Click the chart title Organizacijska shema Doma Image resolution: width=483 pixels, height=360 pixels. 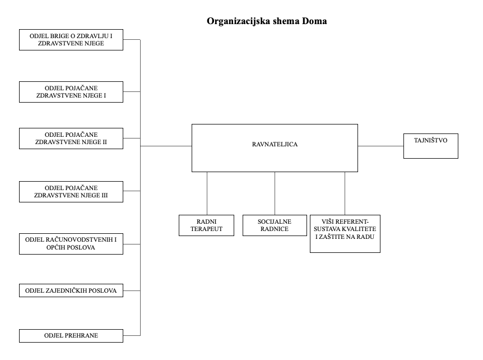pos(267,21)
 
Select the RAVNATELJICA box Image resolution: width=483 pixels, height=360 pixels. pos(275,148)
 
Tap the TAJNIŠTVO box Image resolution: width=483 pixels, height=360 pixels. pos(431,146)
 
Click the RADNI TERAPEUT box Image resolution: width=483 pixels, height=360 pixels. pos(206,225)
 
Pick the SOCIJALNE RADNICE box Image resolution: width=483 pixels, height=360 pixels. pos(275,225)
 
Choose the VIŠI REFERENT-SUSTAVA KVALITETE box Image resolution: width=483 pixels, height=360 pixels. pos(345,234)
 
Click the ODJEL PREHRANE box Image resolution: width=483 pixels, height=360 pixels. pos(71,336)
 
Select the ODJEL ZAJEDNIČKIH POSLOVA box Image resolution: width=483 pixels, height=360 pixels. pos(71,290)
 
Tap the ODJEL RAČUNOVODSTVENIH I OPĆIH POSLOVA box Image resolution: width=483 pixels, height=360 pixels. pos(71,244)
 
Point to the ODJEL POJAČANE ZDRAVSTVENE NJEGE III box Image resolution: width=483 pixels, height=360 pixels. pos(71,192)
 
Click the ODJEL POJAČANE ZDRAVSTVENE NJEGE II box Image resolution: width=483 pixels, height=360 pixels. pos(71,139)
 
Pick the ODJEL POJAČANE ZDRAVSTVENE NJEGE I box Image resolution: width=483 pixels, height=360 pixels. pos(71,92)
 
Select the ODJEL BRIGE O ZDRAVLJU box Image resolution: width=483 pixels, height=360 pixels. pos(71,40)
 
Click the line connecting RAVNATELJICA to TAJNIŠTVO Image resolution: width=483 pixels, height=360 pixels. pos(380,146)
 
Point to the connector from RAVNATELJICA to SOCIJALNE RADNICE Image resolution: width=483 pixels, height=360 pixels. pos(275,193)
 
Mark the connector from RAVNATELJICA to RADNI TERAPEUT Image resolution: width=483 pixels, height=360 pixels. pos(207,193)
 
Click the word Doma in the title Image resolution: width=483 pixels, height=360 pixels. pos(314,21)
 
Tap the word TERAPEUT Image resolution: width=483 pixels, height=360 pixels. pos(206,229)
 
